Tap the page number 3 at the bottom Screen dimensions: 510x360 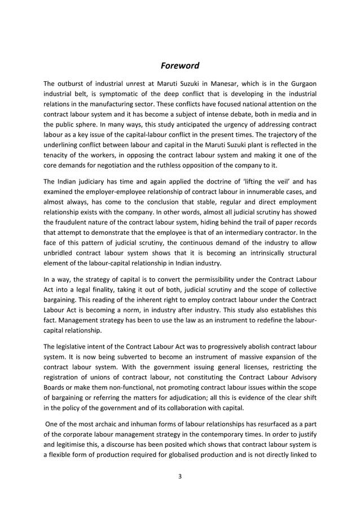179,476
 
